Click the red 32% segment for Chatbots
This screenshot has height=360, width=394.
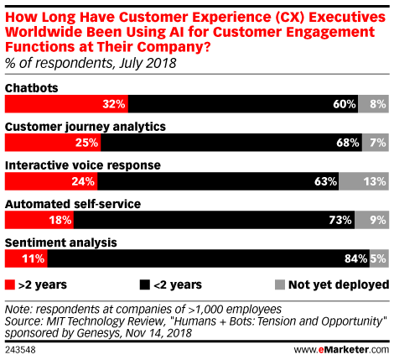[66, 104]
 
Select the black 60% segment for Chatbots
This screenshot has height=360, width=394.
[243, 104]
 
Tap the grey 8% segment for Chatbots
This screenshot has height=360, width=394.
[373, 104]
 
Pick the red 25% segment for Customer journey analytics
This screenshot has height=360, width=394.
[53, 143]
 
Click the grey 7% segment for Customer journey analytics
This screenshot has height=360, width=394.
[376, 143]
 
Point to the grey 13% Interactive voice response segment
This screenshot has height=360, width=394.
[364, 181]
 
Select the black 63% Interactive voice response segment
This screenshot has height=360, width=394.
[218, 181]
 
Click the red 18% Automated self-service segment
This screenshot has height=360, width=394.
[39, 220]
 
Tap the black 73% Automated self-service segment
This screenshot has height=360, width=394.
[215, 220]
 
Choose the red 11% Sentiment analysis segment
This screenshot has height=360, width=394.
[26, 258]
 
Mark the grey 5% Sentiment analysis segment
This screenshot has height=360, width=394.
[379, 258]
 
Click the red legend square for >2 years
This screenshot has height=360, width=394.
[10, 284]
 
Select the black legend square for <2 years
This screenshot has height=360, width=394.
[145, 284]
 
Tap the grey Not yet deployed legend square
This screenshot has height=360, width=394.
[280, 284]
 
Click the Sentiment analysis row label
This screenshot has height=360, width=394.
[61, 243]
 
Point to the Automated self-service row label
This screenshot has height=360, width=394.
[73, 204]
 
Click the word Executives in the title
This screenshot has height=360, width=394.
[347, 17]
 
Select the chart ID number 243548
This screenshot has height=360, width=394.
[20, 350]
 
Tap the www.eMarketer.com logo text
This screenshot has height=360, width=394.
[341, 350]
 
